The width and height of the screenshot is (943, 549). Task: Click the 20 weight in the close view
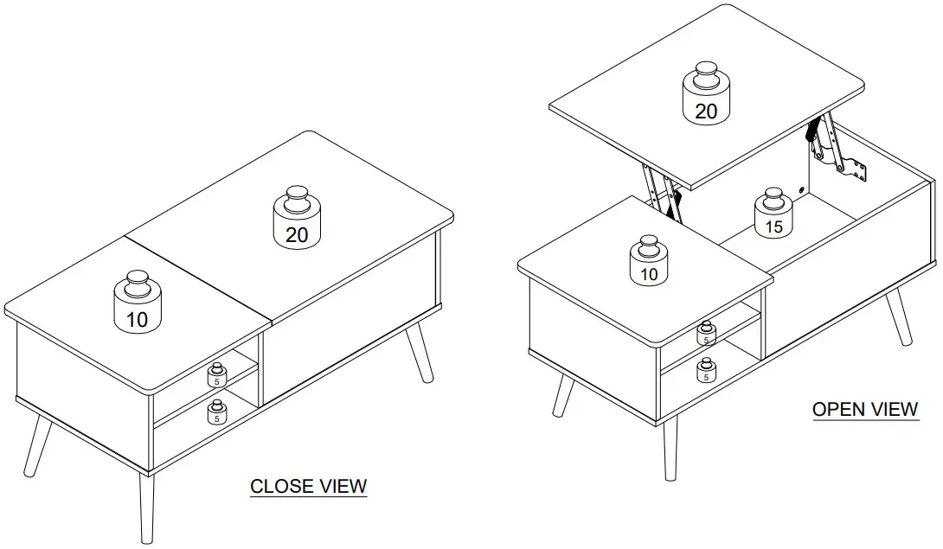pos(297,219)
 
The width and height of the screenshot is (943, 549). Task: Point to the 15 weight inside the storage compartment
pos(773,214)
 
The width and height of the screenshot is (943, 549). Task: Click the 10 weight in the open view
pos(649,261)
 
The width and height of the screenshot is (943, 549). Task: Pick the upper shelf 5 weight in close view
pos(216,373)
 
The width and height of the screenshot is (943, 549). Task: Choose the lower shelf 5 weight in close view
pos(216,412)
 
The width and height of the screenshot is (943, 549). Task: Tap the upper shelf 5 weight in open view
pos(707,334)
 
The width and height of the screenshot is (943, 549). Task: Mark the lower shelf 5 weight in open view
pos(706,370)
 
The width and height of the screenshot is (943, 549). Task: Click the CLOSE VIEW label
pos(308,487)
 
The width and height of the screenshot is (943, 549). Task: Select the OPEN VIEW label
pos(865,409)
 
